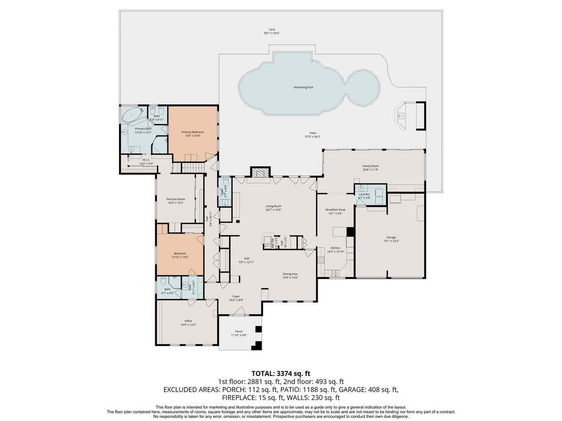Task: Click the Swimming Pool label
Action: tap(307, 87)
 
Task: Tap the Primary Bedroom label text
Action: tap(192, 132)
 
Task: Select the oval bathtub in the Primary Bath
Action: tap(132, 115)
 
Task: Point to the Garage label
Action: tap(391, 237)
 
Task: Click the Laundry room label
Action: tap(364, 194)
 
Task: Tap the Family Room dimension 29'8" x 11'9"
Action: tap(370, 170)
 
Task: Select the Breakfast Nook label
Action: tap(335, 209)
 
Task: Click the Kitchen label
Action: tap(335, 248)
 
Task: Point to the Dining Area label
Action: tap(290, 274)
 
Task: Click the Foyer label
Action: tap(236, 296)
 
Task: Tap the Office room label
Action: tap(188, 321)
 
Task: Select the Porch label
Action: tap(239, 331)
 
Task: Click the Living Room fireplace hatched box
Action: tap(260, 173)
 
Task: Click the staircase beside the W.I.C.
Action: tap(192, 168)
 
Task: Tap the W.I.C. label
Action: tap(146, 160)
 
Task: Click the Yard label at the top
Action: tap(272, 29)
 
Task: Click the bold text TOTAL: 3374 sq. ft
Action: tap(280, 373)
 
